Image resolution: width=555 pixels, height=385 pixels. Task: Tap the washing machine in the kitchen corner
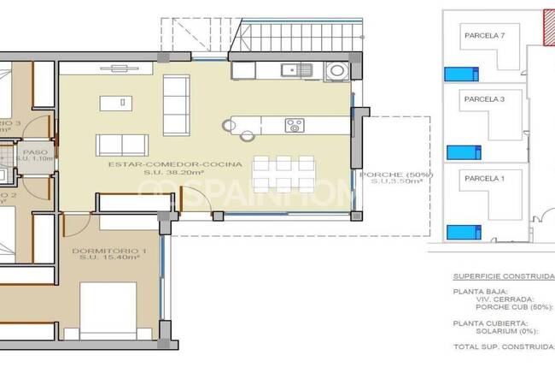click(337, 70)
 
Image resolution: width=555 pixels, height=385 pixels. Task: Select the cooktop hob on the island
click(295, 125)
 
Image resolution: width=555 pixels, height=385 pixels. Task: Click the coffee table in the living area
click(114, 103)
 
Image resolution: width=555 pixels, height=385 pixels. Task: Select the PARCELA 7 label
click(485, 36)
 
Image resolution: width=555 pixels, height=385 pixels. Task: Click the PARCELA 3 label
click(485, 99)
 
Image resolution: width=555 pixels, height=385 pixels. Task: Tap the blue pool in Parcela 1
click(464, 231)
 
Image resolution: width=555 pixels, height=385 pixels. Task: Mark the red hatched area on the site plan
click(549, 26)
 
